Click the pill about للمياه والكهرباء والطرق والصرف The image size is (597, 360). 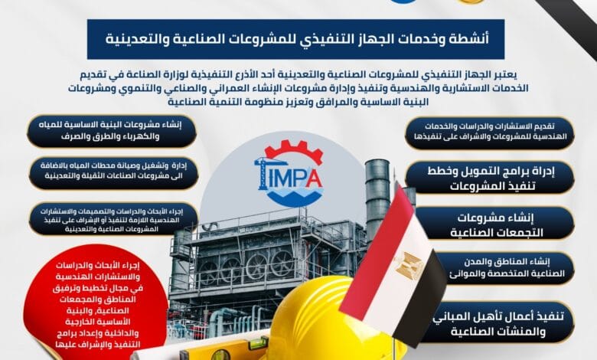pyautogui.click(x=112, y=131)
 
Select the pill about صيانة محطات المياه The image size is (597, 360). pyautogui.click(x=110, y=173)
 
